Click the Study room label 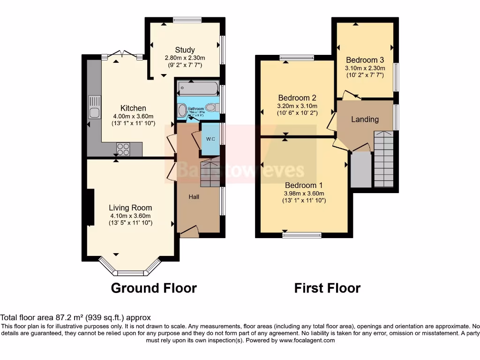(185, 50)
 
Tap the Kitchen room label (133, 108)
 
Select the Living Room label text (130, 208)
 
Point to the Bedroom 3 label (365, 60)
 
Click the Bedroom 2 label (297, 98)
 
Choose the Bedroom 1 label (304, 185)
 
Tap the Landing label (365, 119)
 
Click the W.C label (210, 138)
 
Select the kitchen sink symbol (95, 107)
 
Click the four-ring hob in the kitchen (123, 149)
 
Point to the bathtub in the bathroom (198, 88)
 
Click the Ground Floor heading (154, 288)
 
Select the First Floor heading (327, 288)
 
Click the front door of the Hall (189, 231)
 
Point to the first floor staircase (383, 159)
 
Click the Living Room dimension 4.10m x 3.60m (130, 216)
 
